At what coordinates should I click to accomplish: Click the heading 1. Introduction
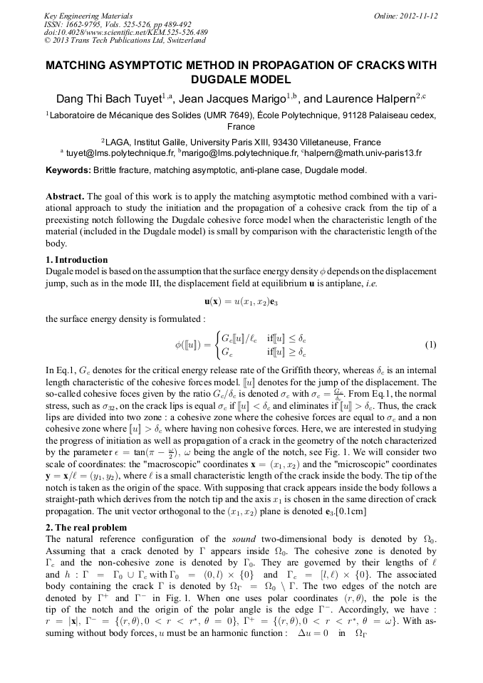(x=77, y=260)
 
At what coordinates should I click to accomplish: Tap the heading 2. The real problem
(x=86, y=528)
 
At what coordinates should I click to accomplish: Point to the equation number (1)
(x=430, y=345)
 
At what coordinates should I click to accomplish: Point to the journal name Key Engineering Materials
(x=88, y=16)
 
